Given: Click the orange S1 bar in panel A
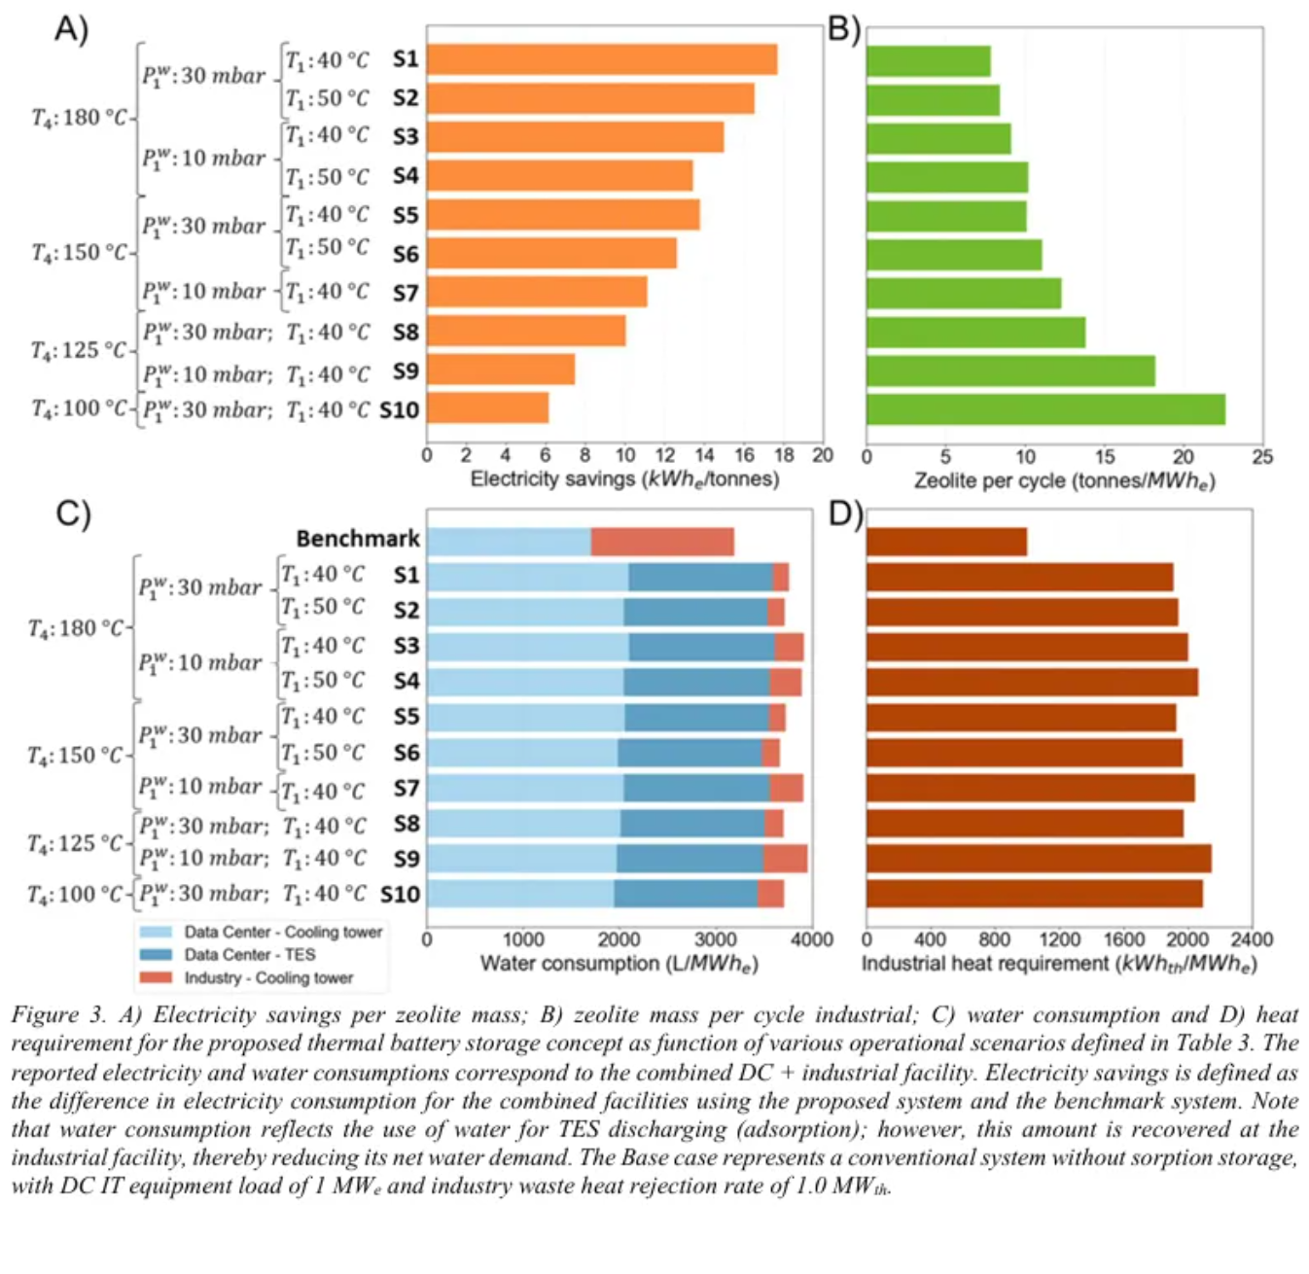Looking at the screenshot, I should (601, 59).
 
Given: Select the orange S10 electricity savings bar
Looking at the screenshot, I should (487, 408).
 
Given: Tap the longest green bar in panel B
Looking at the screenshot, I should (1045, 409).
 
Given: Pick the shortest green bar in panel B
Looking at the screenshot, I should (928, 61).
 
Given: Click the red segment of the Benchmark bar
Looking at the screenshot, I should (662, 542).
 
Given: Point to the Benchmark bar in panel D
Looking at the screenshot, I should (946, 542).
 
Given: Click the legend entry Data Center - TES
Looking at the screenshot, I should (249, 955).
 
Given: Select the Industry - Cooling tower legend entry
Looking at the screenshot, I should (267, 978).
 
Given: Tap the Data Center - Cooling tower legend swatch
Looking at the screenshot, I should (156, 933).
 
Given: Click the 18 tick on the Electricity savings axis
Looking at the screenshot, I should (784, 455).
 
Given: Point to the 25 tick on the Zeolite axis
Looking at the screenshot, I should (1261, 456).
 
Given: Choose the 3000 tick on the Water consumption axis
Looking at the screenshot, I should (715, 939).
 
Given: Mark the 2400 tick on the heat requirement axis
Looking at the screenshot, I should (1251, 939).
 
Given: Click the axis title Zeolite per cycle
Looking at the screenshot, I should (1064, 480).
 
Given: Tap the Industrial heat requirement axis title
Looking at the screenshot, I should (1059, 964).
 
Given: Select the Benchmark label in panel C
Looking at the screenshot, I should (358, 539).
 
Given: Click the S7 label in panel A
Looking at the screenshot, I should (406, 293).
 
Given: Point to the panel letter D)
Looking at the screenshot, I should (844, 513).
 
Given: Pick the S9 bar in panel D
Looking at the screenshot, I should (1039, 859).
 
